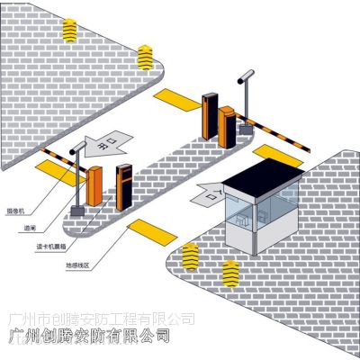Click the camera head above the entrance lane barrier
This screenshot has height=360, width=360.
click(241, 78)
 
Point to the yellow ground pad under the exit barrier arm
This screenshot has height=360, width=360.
click(48, 166)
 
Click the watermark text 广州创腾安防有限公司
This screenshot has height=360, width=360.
click(101, 336)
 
